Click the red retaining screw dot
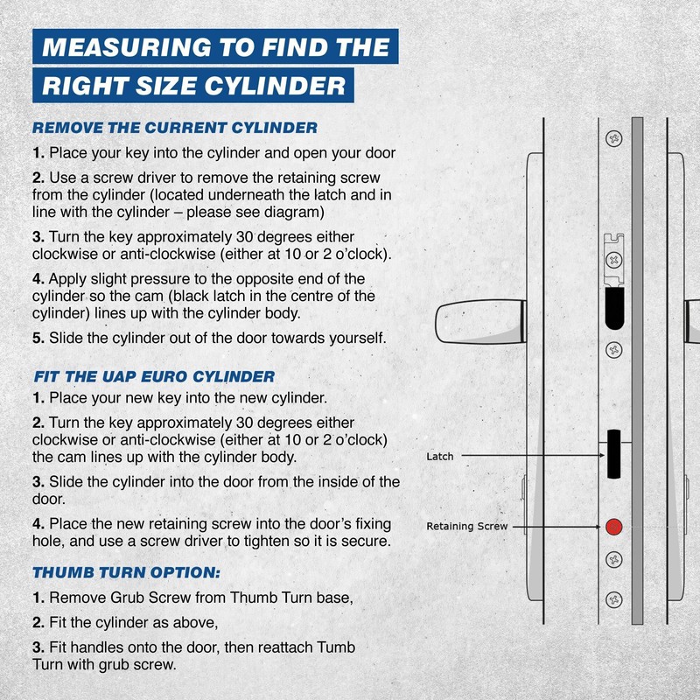click(x=613, y=527)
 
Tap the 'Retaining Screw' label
click(x=466, y=527)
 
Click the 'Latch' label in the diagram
click(x=439, y=457)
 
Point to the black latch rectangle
click(x=612, y=454)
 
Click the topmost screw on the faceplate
click(x=613, y=139)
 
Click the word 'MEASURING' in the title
click(x=125, y=46)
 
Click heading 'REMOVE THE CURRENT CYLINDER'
click(x=175, y=127)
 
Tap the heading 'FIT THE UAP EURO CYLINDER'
click(x=154, y=376)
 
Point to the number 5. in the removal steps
click(x=38, y=338)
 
